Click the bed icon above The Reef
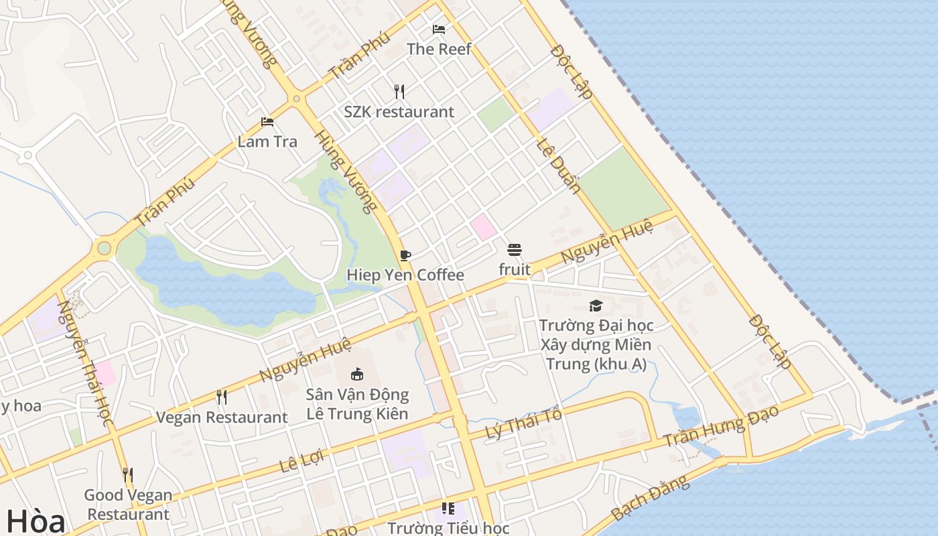coord(439,29)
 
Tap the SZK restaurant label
coord(399,112)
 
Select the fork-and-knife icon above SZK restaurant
coord(399,91)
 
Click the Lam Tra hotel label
coord(267,141)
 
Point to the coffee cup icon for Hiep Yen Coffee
coord(405,255)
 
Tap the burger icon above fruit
coord(515,250)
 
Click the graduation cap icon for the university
coord(596,306)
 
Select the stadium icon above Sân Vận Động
coord(356,374)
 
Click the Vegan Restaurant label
coord(222,417)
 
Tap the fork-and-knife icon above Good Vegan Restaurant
coord(127,475)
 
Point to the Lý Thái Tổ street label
coord(523,423)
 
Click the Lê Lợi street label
coord(301,461)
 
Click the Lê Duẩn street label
coord(558,166)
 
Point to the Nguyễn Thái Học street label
coord(84,362)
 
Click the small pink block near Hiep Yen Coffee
coord(483,227)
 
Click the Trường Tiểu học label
coord(448,528)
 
